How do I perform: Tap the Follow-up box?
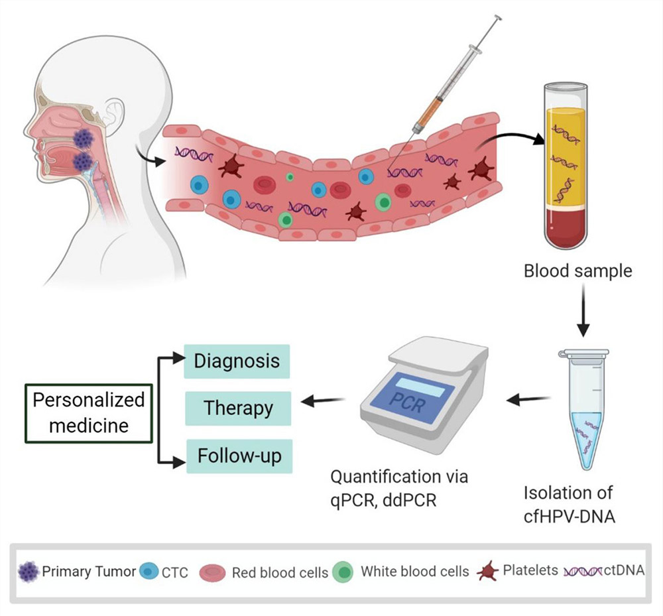click(x=239, y=456)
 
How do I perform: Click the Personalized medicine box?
click(x=89, y=412)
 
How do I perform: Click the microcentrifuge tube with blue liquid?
click(x=583, y=411)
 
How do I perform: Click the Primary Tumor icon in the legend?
click(x=29, y=571)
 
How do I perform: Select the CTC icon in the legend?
click(x=149, y=572)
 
